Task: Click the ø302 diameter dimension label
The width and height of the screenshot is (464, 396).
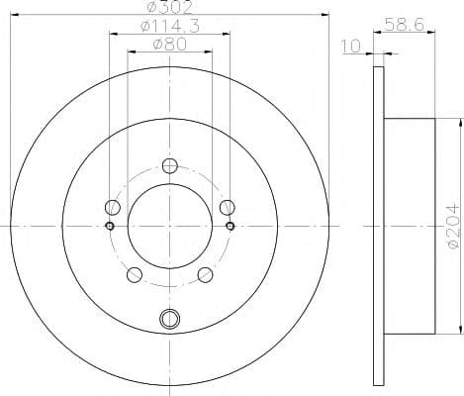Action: point(169,7)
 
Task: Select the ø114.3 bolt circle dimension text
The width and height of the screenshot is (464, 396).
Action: point(170,27)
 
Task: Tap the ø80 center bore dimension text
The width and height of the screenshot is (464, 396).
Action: point(169,45)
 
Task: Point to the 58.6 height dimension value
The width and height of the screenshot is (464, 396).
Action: point(405,25)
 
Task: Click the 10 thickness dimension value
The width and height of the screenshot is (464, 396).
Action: point(351,47)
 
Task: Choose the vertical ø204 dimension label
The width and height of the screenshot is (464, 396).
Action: point(454,227)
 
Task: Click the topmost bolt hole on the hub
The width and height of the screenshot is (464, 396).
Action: point(170,166)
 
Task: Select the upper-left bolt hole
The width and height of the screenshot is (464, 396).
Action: point(113,207)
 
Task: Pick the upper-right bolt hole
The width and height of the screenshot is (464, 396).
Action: point(228,207)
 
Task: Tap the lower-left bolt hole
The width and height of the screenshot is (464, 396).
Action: point(135,275)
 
